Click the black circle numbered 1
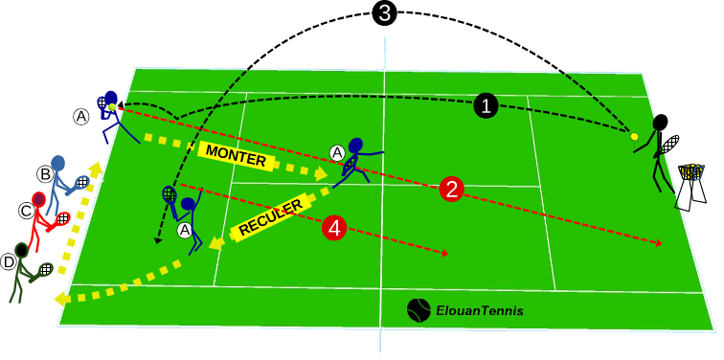486,105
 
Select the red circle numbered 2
451,189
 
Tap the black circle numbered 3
383,14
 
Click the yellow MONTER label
236,158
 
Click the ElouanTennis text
480,311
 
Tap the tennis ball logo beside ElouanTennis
419,310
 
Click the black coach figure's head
661,123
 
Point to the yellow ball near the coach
634,137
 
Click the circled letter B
44,174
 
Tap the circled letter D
9,259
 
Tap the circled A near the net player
337,151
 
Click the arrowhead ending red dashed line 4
446,254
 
